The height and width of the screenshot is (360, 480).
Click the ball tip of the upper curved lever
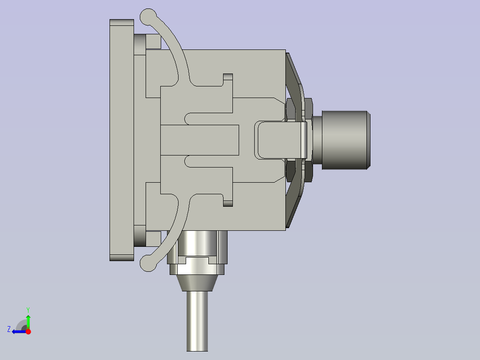click(x=148, y=17)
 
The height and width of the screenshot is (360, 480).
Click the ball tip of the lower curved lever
click(x=148, y=263)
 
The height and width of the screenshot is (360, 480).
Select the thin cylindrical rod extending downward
click(x=197, y=321)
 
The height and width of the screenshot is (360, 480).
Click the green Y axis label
click(x=28, y=309)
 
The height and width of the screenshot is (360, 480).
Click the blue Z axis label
click(x=9, y=329)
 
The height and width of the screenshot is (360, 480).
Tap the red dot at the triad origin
click(x=28, y=331)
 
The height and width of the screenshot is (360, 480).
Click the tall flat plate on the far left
click(x=122, y=140)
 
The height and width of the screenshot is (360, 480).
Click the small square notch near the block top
click(x=228, y=77)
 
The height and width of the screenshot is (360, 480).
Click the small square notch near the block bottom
click(x=228, y=203)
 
